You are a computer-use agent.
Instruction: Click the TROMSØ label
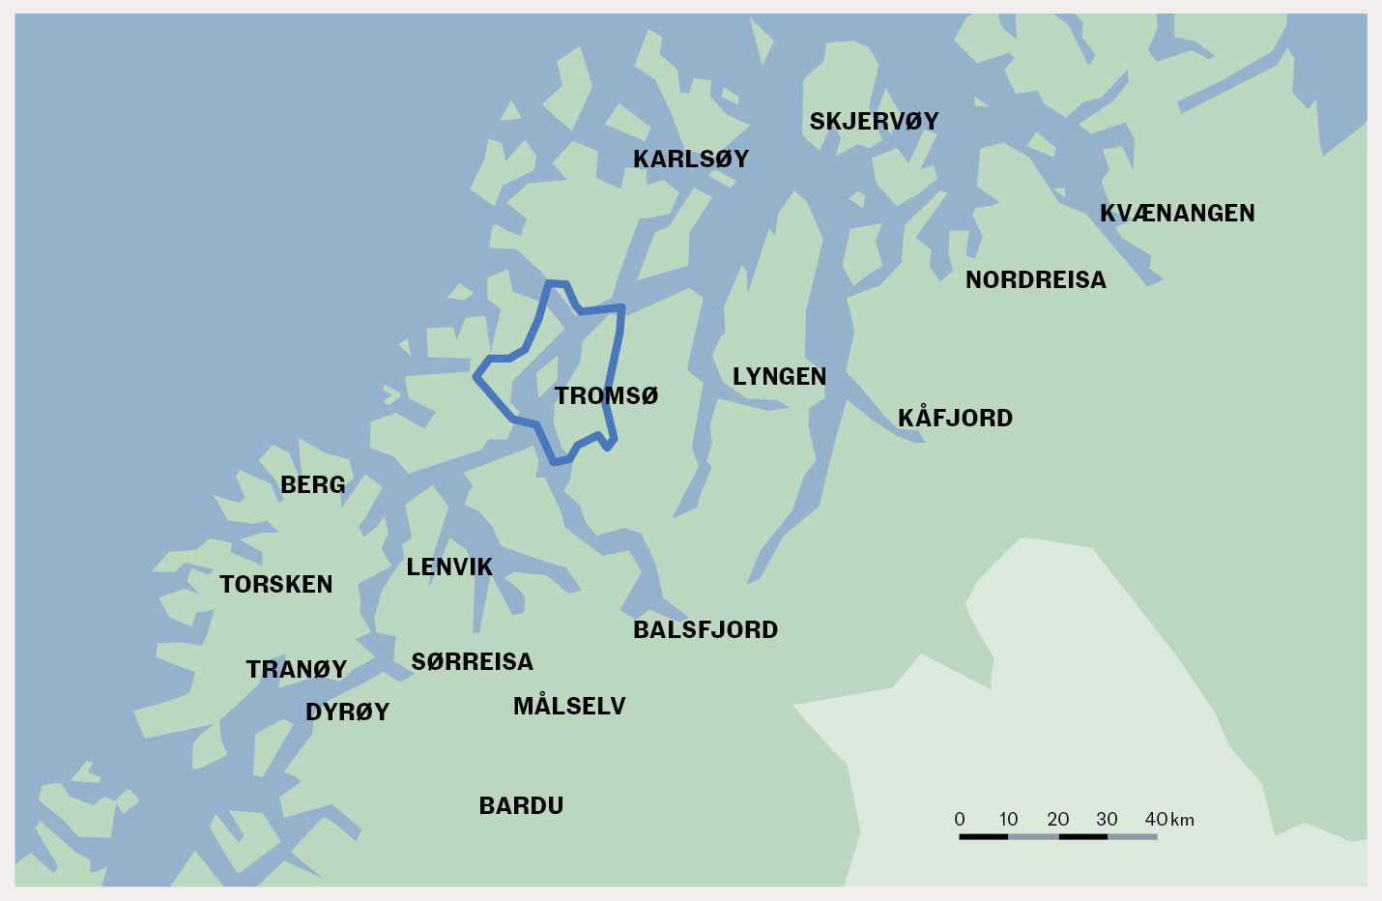tap(606, 395)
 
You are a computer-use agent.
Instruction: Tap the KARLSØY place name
tap(691, 159)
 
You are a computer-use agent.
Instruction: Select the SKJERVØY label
tap(874, 121)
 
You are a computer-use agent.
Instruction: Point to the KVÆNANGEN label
tap(1177, 213)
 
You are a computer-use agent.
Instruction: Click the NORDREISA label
tap(1035, 279)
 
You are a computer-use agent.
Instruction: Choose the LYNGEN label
tap(779, 376)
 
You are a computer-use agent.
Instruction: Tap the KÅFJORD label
tap(955, 418)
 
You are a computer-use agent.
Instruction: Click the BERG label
tap(312, 484)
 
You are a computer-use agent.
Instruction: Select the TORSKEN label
tap(275, 584)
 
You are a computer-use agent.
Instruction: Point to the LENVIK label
tap(449, 567)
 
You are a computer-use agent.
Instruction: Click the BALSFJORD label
tap(705, 629)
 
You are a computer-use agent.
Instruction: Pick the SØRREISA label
tap(472, 661)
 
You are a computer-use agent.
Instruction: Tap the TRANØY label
tap(296, 669)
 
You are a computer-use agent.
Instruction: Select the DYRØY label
tap(347, 712)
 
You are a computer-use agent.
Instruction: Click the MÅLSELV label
tap(569, 706)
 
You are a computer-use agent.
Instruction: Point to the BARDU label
tap(521, 805)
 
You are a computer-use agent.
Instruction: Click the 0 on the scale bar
tap(960, 820)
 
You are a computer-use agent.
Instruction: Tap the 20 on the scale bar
tap(1058, 820)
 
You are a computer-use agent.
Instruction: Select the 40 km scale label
tap(1169, 820)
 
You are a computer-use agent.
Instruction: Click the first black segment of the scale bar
tap(984, 836)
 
